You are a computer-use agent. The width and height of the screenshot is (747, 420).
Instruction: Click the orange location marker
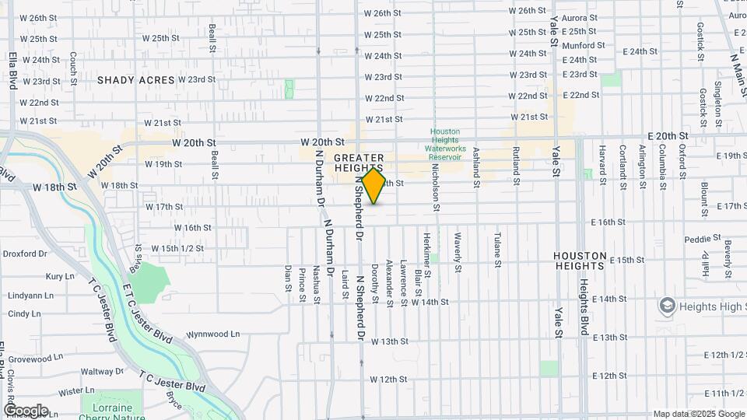(373, 186)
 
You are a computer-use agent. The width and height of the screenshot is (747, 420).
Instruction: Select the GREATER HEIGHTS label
(359, 163)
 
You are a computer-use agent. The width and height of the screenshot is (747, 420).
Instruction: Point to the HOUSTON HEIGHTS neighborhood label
(580, 261)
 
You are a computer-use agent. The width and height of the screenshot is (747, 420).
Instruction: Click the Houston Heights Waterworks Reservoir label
(445, 145)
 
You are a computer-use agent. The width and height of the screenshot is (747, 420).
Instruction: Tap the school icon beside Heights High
(667, 306)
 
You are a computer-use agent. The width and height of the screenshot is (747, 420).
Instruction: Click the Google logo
(26, 411)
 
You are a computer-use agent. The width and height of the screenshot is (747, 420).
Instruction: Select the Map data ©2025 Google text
(698, 414)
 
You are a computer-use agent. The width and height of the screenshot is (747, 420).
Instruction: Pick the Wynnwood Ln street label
(212, 334)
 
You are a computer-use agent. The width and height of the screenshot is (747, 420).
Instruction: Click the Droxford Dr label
(26, 254)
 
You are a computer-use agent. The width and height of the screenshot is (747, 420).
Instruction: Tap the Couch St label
(73, 68)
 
